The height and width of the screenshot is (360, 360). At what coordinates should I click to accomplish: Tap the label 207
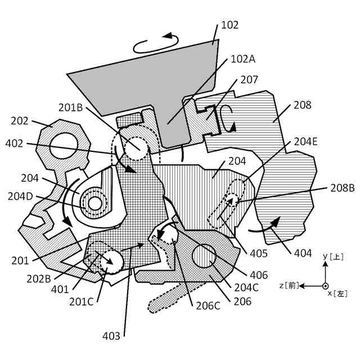point(249,80)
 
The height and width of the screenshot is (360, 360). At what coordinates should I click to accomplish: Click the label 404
point(303,253)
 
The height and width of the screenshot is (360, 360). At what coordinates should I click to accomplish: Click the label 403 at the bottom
point(111,336)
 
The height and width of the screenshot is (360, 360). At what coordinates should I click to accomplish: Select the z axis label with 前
point(289,286)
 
